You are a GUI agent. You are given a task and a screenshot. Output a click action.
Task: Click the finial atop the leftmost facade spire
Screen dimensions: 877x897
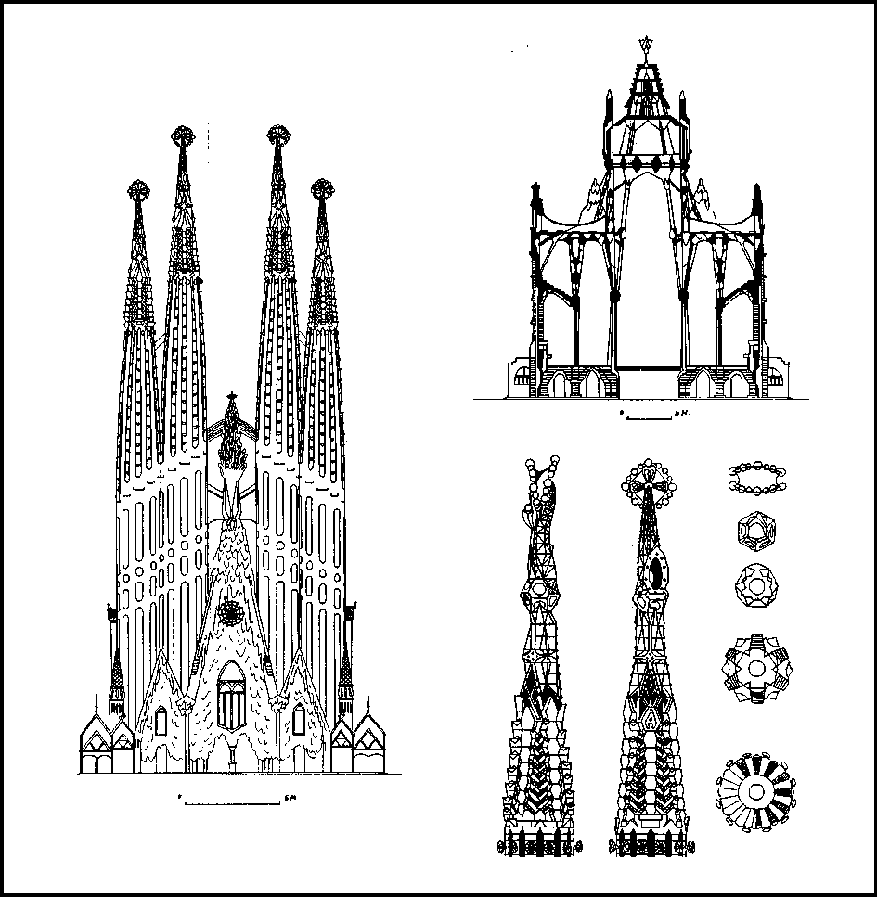[138, 192]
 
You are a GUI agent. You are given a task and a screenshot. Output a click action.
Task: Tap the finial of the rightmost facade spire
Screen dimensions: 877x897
[322, 190]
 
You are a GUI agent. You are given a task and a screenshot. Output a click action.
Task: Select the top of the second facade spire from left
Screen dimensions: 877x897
[183, 136]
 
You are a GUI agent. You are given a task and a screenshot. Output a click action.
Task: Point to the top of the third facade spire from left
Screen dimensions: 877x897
[276, 136]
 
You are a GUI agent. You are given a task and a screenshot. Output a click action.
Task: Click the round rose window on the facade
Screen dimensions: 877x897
[230, 612]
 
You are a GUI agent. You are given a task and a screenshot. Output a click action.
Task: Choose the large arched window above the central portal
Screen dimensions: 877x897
[231, 697]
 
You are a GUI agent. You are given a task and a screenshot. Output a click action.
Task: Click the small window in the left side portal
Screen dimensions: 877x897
[161, 721]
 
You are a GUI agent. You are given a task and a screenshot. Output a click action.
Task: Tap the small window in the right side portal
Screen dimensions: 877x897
[299, 720]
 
